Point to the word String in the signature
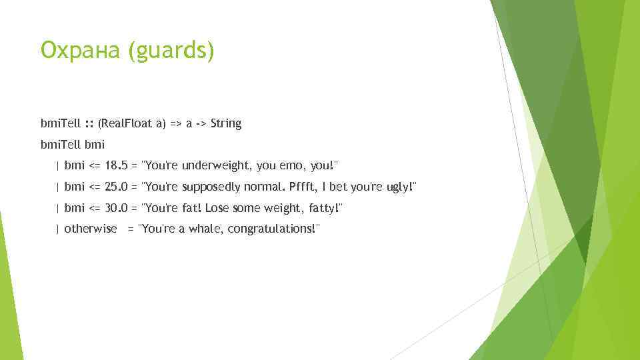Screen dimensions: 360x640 [226, 123]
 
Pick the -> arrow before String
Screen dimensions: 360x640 [199, 124]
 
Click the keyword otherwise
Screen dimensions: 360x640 [91, 229]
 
